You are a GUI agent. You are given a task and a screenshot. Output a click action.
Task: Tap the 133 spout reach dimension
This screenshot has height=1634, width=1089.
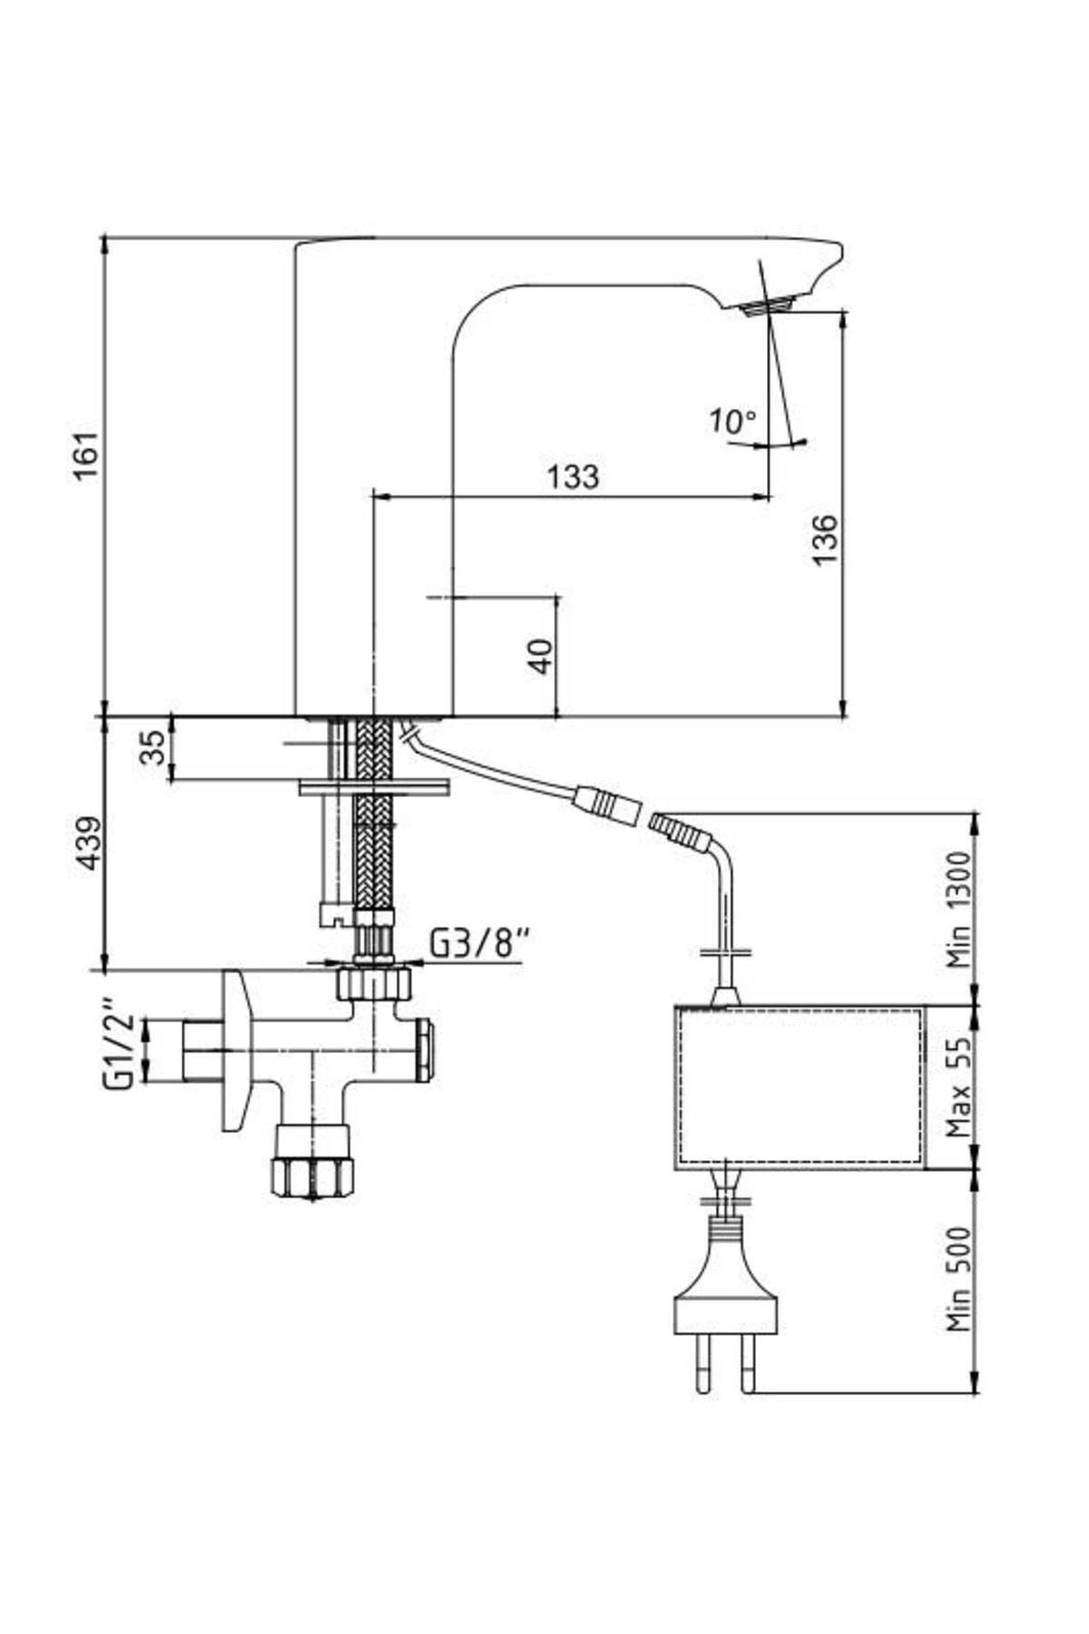[x=573, y=476]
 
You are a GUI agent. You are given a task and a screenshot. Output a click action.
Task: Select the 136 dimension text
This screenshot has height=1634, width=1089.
[x=824, y=539]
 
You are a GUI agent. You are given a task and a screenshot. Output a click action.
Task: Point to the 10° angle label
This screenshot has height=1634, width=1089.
[x=731, y=421]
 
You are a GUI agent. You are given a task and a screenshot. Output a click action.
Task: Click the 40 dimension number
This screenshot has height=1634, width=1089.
[x=541, y=655]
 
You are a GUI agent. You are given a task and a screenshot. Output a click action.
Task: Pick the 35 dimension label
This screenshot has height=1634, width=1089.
[x=154, y=747]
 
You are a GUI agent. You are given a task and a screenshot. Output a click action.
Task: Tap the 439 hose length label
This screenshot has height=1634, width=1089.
[x=87, y=843]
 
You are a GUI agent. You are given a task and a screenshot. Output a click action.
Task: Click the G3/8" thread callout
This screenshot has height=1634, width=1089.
[x=477, y=944]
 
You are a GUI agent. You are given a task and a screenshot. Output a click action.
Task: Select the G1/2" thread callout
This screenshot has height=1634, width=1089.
[x=118, y=1044]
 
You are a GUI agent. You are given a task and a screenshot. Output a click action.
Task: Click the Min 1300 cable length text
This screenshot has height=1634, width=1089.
[x=958, y=911]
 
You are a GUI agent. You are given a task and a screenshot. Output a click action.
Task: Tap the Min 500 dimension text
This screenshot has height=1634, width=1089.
[x=958, y=1280]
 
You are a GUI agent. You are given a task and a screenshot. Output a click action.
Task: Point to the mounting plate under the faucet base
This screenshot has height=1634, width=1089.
[x=373, y=787]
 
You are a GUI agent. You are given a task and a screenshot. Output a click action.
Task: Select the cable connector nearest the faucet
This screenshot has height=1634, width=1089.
[x=604, y=802]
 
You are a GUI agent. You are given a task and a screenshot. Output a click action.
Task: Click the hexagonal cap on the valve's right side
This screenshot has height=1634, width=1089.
[x=423, y=1050]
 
